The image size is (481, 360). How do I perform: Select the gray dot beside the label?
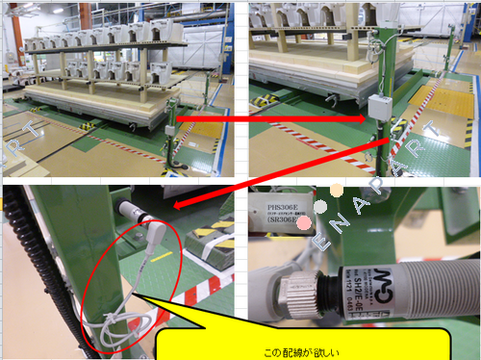(318, 206)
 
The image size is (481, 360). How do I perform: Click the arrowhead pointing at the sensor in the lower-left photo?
(177, 203)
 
